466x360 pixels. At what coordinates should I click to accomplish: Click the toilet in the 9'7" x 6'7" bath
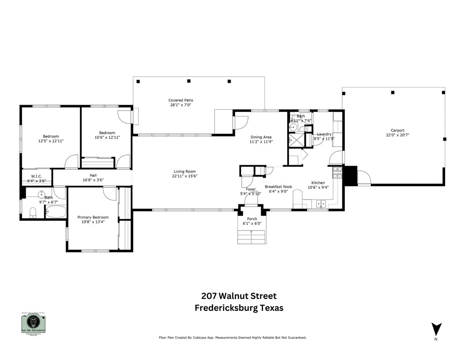point(32,212)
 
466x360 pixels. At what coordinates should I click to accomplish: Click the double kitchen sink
point(321,203)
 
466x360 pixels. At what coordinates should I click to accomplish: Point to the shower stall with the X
point(295,140)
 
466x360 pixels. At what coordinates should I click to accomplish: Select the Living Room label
point(184,172)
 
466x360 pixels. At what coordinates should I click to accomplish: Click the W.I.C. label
point(36,176)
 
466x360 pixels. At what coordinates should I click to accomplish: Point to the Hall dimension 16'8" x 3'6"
point(93,180)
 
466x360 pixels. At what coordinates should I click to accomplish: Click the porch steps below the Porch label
point(251,237)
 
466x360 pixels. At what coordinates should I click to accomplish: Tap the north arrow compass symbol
point(436,329)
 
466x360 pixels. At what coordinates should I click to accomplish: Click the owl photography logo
point(34,324)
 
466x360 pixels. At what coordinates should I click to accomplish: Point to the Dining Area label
point(261,137)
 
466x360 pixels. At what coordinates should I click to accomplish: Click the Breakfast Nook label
point(279,187)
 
